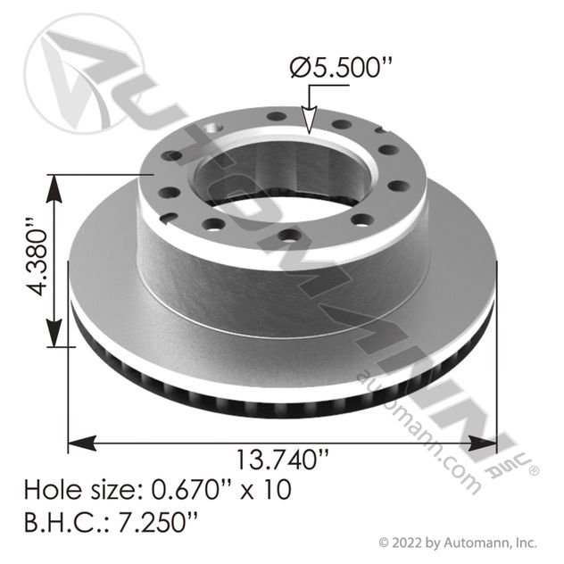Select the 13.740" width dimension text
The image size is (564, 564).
point(282,460)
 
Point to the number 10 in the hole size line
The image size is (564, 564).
point(277,490)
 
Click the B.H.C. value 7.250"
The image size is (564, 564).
point(158,521)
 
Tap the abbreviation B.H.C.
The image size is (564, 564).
point(64,521)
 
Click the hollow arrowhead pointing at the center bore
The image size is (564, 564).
point(309,120)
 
